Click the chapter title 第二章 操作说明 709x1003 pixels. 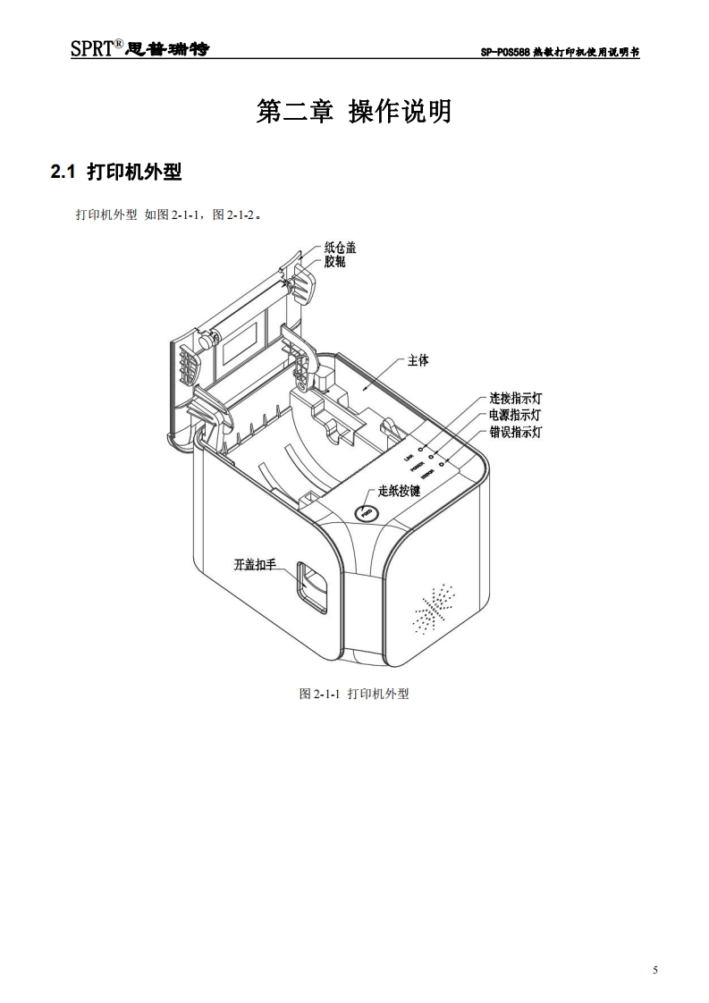tap(354, 112)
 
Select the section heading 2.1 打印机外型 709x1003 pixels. tap(116, 172)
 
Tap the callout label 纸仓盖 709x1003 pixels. tap(340, 249)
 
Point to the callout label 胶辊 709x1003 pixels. tap(334, 262)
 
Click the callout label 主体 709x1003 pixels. tap(418, 360)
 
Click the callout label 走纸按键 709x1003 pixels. tap(399, 491)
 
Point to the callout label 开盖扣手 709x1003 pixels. tap(255, 564)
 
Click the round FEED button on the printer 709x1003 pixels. tap(366, 513)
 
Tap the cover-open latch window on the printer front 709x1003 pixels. tap(312, 586)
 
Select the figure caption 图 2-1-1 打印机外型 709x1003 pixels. tap(354, 694)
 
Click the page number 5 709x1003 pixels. tap(655, 971)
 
